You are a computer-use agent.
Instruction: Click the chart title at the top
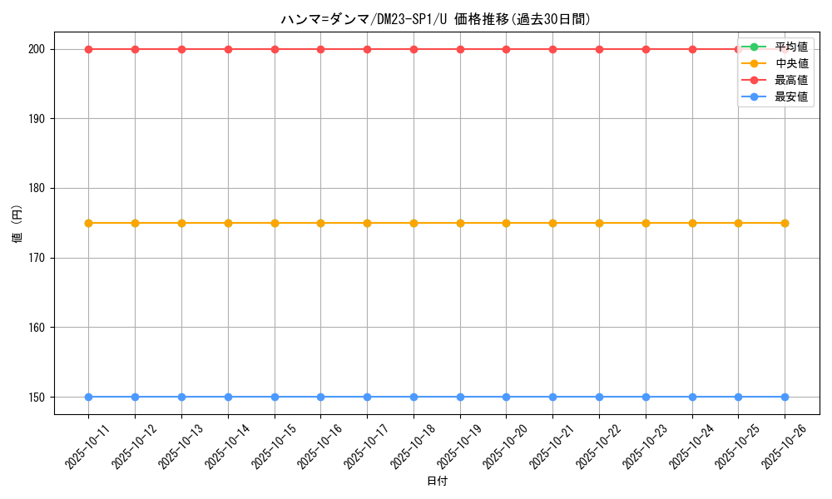coord(436,19)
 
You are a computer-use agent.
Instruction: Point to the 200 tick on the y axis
coord(39,49)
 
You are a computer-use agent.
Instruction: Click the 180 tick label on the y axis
coord(39,188)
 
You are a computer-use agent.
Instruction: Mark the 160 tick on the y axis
coord(39,327)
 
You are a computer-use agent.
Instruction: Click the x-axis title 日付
coord(437,482)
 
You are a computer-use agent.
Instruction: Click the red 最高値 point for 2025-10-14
coord(228,49)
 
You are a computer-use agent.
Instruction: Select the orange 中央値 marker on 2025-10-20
coord(506,223)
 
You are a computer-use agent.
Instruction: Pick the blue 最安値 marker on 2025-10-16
coord(320,397)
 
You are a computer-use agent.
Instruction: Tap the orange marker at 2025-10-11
coord(88,223)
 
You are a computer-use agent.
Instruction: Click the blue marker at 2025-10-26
coord(785,397)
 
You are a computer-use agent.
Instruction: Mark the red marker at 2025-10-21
coord(552,49)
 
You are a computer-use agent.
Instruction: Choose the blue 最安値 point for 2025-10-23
coord(646,397)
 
